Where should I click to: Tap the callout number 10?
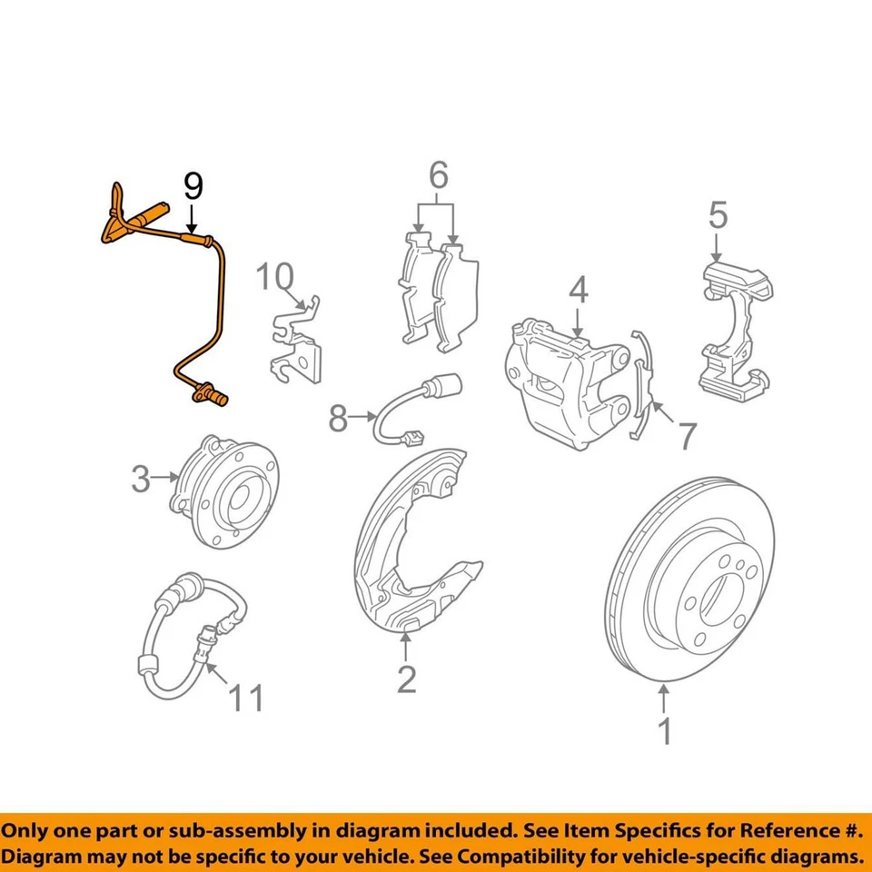tap(275, 276)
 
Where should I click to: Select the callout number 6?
tap(439, 173)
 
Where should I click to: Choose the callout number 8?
tap(338, 419)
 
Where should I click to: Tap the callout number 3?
tap(140, 478)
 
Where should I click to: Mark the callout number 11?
tap(245, 699)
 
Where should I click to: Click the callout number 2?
tap(406, 679)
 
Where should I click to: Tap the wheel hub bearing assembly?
tap(227, 490)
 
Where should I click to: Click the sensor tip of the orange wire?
tap(211, 396)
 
